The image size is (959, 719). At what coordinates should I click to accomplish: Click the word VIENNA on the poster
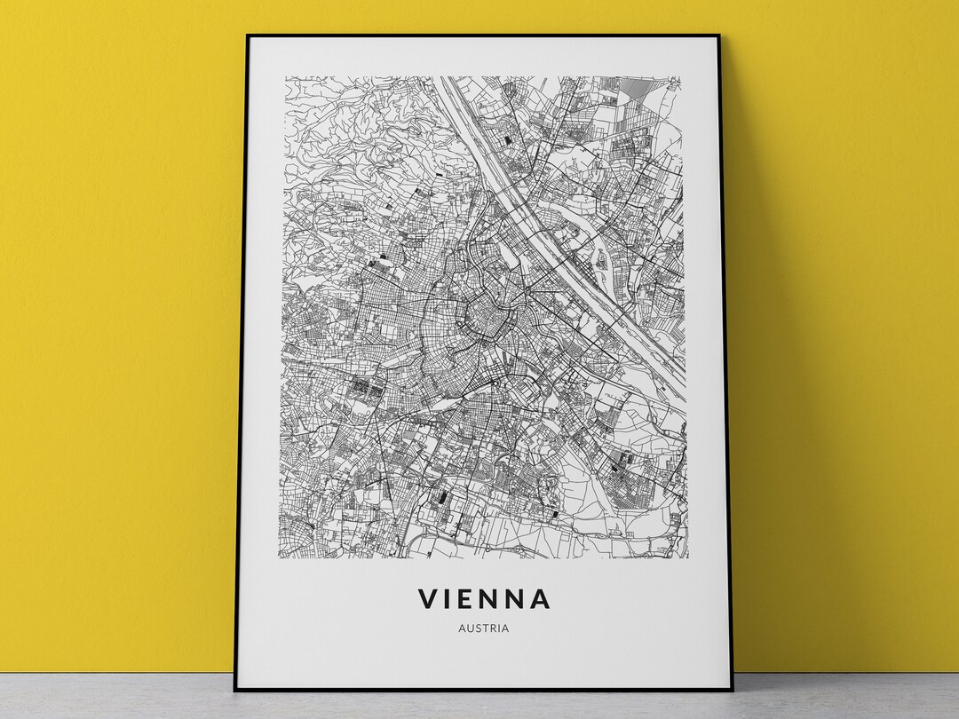(484, 599)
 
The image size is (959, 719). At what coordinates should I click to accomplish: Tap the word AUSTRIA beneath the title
(484, 628)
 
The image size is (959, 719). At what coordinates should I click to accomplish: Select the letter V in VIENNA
(428, 599)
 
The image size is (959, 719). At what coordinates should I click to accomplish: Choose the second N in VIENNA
(518, 599)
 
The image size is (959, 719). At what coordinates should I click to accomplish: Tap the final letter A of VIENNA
(541, 599)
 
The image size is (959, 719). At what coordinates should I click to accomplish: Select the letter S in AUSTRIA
(478, 628)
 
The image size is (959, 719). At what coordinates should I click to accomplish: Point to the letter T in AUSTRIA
(486, 628)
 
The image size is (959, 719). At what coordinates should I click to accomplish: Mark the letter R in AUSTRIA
(494, 628)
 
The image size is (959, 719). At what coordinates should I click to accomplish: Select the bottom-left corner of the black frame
(235, 690)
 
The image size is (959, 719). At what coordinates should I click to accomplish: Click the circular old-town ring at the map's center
(484, 320)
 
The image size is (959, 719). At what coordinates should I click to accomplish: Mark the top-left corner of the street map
(286, 77)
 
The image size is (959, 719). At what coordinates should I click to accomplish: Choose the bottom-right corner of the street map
(687, 557)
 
